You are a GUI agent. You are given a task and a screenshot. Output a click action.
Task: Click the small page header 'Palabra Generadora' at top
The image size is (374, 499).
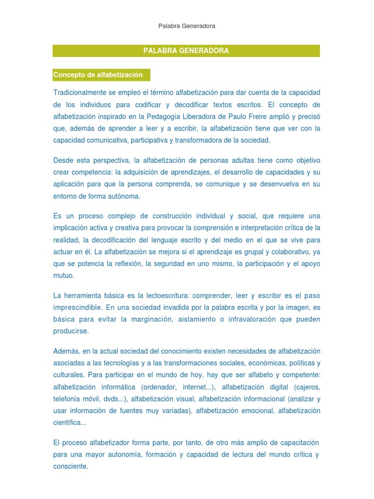point(187,26)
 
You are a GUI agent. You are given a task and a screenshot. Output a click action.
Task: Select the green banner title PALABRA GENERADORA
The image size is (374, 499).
point(186,51)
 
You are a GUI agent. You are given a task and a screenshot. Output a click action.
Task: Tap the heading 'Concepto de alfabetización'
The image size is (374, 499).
point(98,75)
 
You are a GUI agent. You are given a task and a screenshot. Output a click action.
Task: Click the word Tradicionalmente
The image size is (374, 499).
point(78,93)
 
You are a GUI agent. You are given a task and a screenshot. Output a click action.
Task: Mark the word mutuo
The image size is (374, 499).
point(63,275)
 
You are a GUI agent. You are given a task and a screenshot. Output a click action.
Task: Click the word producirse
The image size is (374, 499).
point(71,331)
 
